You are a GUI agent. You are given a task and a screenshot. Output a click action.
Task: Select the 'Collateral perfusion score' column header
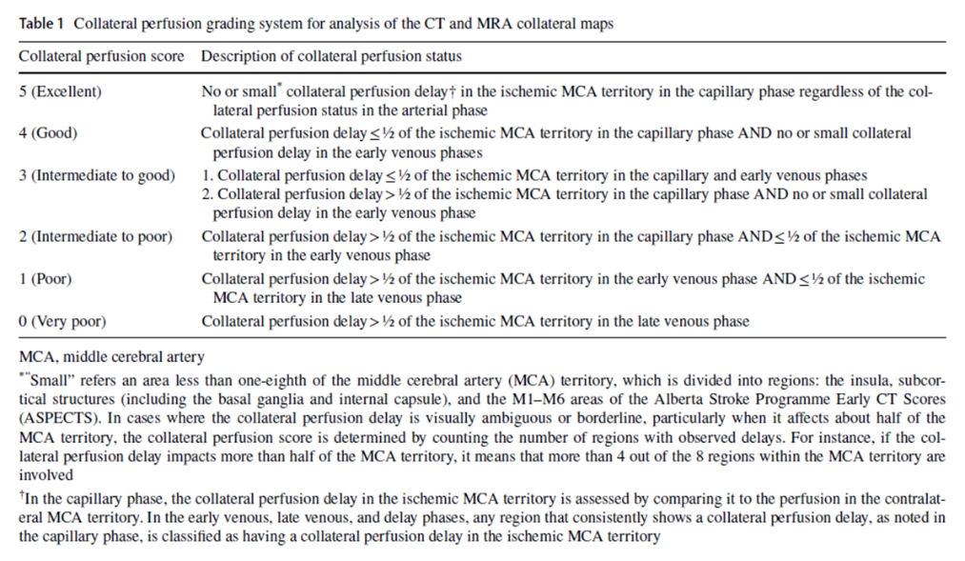(102, 56)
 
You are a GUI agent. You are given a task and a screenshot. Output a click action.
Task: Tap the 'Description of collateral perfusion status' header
(331, 56)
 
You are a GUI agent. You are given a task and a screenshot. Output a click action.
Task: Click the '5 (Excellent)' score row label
(60, 92)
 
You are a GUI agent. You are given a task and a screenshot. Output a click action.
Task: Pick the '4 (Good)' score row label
(49, 133)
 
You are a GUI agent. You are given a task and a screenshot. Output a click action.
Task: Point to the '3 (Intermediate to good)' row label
(97, 175)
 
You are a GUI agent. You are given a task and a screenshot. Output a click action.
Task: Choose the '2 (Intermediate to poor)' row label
(96, 236)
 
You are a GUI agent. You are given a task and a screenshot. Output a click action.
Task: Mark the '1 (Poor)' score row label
(46, 279)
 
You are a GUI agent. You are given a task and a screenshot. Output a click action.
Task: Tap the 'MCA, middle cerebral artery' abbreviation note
(111, 357)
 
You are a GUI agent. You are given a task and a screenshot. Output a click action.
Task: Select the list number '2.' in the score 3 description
(207, 194)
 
